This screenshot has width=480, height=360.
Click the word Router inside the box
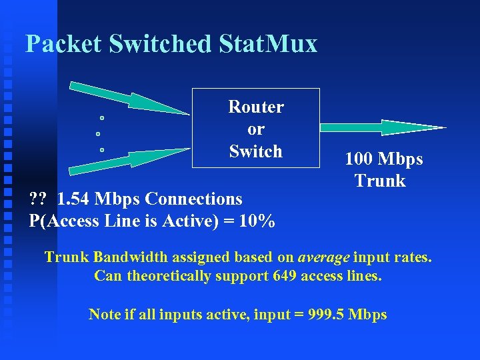tap(256, 107)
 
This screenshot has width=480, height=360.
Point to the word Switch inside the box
tap(256, 151)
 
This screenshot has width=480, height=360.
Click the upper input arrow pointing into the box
tap(127, 99)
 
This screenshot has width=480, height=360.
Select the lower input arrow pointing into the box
tap(127, 158)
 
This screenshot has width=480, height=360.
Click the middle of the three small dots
tap(98, 134)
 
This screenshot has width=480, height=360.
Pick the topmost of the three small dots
tap(101, 118)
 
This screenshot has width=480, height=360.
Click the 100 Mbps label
tap(384, 159)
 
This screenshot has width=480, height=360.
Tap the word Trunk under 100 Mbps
tap(380, 181)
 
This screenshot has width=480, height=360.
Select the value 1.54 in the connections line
tap(73, 199)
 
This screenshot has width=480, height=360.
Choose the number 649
tap(285, 275)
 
